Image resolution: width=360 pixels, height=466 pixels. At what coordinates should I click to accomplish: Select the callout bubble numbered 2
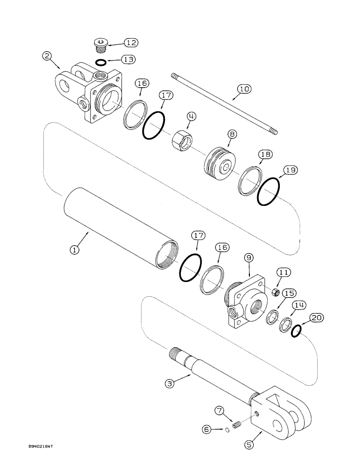[46, 56]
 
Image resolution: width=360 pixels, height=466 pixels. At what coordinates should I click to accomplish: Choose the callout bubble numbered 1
[73, 249]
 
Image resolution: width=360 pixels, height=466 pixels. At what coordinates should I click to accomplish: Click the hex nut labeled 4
[180, 139]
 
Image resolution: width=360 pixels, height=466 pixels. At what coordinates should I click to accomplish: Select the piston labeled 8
[220, 162]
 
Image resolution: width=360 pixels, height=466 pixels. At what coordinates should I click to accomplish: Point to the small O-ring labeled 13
[100, 62]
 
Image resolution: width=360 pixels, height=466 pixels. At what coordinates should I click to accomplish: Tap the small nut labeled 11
[276, 292]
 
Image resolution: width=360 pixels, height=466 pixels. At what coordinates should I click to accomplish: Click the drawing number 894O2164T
[39, 459]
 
